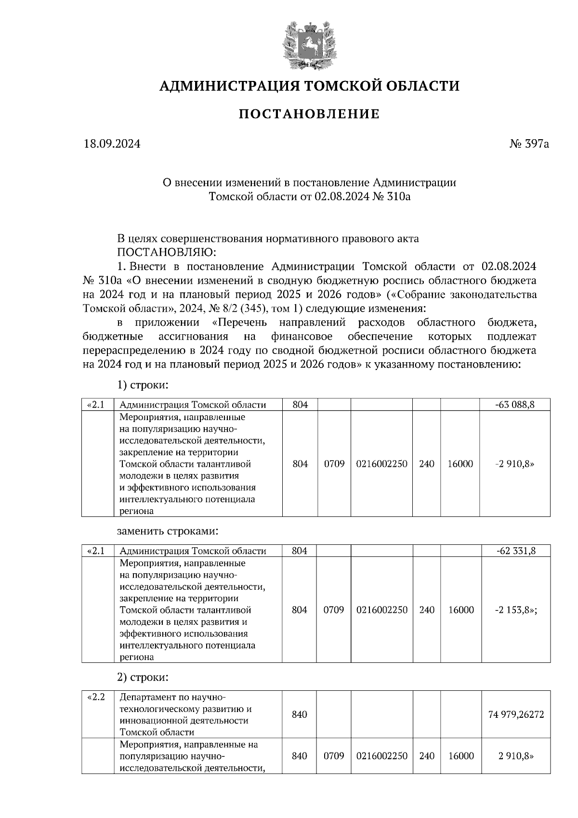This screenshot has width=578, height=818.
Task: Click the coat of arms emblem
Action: (309, 45)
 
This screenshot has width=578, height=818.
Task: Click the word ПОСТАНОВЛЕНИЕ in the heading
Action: (309, 114)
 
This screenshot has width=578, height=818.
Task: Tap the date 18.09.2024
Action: (112, 144)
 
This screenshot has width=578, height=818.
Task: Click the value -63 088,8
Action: (515, 405)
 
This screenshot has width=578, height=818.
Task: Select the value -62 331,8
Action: (516, 551)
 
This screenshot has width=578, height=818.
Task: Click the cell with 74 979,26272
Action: (516, 714)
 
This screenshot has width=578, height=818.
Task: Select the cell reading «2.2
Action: (96, 697)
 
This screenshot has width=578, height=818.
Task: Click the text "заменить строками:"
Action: (168, 531)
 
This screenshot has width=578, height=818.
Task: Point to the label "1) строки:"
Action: (143, 385)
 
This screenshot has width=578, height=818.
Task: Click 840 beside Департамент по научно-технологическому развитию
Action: (299, 714)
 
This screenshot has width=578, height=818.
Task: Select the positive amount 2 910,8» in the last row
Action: (516, 756)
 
